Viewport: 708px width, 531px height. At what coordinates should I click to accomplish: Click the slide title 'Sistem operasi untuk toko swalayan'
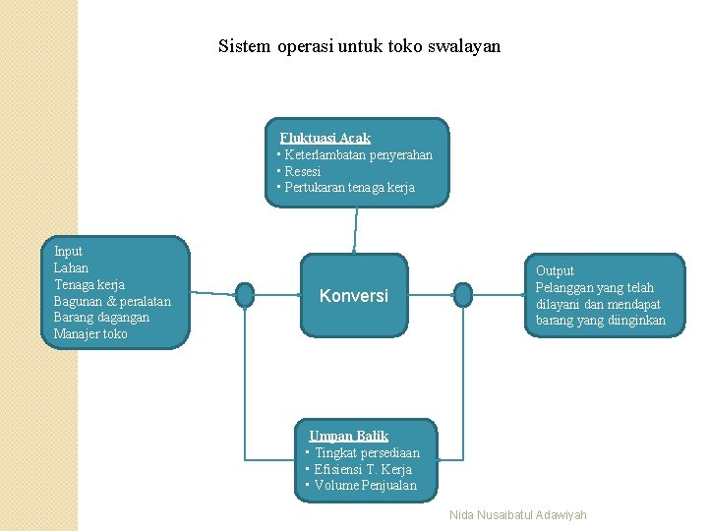[x=359, y=46]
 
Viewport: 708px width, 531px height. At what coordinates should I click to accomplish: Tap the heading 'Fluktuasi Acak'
[x=324, y=139]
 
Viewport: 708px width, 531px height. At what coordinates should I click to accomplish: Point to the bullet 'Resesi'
[x=302, y=171]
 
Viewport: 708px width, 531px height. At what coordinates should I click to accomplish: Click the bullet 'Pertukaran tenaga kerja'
[x=349, y=187]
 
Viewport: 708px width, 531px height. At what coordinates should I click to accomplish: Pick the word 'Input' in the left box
[x=68, y=252]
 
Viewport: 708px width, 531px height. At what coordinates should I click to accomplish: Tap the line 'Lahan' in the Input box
[x=71, y=267]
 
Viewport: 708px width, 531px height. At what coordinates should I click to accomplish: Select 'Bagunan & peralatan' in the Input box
[x=112, y=301]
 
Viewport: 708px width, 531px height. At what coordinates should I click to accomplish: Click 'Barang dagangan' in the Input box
[x=101, y=318]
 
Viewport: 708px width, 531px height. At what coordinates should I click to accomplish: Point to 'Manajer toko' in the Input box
[x=90, y=334]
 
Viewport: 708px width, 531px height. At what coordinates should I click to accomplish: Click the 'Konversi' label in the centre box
[x=354, y=295]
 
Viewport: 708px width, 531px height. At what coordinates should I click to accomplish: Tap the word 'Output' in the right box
[x=555, y=270]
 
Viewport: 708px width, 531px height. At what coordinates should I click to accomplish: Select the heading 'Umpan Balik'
[x=349, y=436]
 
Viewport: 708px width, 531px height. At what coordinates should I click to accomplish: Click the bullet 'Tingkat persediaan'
[x=367, y=452]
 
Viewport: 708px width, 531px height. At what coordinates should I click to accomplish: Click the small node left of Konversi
[x=245, y=294]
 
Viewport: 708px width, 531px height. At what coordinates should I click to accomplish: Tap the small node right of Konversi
[x=463, y=294]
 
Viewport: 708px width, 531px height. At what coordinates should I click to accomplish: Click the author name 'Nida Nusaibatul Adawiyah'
[x=517, y=515]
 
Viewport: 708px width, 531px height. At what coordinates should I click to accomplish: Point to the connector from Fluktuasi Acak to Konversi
[x=354, y=231]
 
